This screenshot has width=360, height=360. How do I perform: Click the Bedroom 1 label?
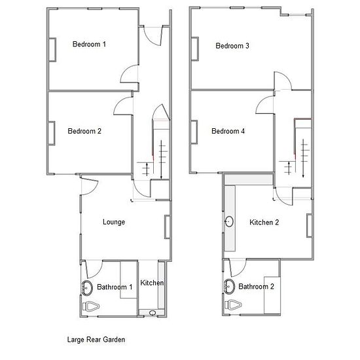coord(89,44)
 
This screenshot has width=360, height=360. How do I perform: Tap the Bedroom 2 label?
coord(84,131)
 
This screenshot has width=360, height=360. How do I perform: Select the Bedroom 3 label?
coord(232,46)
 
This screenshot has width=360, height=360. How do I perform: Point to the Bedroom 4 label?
coord(228,131)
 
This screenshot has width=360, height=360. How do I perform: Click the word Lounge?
coord(114,222)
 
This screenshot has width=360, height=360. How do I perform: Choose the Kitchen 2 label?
coord(264,223)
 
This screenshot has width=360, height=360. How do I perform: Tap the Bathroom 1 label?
coord(115,287)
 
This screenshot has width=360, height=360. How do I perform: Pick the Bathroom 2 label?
coord(256,286)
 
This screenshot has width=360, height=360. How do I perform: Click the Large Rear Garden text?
coord(96,340)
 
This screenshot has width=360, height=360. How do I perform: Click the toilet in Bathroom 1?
coord(91,306)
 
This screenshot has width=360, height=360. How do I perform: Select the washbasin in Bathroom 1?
coord(87,287)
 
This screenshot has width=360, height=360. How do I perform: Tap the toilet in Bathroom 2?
coord(233,305)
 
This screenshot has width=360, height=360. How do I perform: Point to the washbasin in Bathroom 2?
coord(229,286)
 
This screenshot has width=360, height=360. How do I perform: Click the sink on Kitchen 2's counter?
coord(229,222)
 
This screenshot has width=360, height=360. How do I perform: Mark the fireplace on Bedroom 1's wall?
coord(52,50)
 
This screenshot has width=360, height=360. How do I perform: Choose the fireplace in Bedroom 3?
coord(195,49)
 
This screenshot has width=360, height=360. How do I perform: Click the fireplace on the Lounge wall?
coord(168,227)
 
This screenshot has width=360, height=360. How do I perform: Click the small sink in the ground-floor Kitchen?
coord(153,313)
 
